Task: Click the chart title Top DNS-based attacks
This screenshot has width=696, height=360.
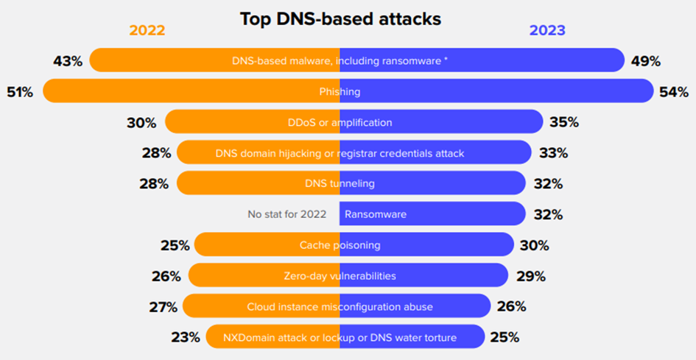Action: pos(340,19)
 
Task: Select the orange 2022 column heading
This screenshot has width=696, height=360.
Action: pos(147,30)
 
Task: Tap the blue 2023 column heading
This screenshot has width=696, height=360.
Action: pos(547,30)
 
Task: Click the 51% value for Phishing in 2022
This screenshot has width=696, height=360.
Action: pos(21,92)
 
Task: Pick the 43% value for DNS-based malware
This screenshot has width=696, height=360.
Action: pos(67,61)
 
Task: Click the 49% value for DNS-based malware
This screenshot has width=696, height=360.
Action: pos(646,61)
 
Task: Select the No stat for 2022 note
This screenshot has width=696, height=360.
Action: pos(287,214)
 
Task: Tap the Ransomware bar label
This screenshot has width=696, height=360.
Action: pos(376,214)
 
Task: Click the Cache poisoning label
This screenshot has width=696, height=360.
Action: pos(340,245)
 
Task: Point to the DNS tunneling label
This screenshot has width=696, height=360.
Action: pos(340,183)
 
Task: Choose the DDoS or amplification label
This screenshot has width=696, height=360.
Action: pos(340,122)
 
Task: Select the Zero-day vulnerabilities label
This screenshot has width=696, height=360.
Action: pos(340,276)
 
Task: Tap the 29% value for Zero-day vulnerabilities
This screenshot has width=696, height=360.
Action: pos(530,276)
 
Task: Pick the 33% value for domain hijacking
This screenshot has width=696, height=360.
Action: pos(552,153)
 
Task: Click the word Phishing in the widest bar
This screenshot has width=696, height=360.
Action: pos(340,92)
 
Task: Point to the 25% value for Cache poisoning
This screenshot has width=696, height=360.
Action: pos(175,245)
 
